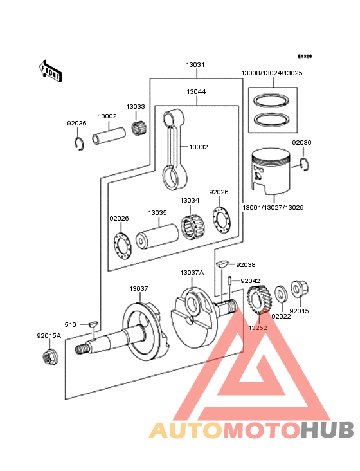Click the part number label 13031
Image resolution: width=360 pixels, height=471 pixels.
tap(195, 65)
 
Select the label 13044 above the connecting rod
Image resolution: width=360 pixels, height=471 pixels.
tap(196, 92)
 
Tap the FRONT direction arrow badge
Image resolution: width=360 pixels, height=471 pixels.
tap(51, 70)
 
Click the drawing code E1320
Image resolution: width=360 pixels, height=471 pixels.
tap(304, 57)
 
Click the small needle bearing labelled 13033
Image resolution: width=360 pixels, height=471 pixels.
tap(136, 128)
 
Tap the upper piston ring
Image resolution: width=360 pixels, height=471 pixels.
tap(272, 102)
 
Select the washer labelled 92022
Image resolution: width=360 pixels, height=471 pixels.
tap(280, 295)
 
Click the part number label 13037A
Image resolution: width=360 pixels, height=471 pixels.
tap(192, 272)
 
